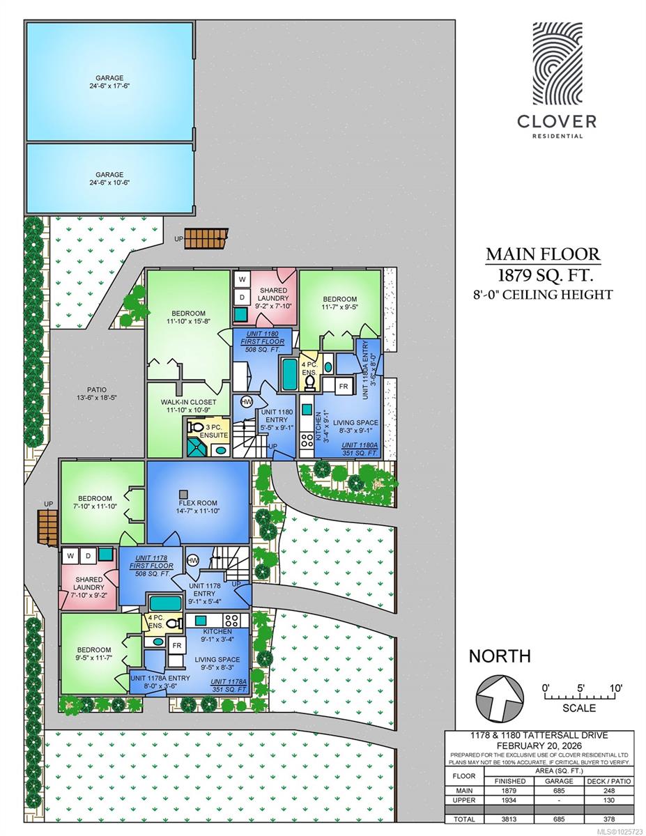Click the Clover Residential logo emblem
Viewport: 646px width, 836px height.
[x=557, y=63]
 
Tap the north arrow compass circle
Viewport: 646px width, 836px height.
[x=500, y=697]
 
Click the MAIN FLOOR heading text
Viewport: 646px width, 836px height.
[x=543, y=254]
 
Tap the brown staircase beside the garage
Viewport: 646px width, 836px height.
[x=206, y=238]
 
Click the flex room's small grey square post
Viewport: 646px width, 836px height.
[x=184, y=494]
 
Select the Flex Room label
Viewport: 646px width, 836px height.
[x=198, y=503]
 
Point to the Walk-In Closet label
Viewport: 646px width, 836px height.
[x=189, y=402]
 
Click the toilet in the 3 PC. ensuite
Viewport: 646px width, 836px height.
[x=195, y=426]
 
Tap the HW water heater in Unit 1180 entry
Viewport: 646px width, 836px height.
[x=247, y=402]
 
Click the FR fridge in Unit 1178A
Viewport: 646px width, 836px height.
[x=176, y=646]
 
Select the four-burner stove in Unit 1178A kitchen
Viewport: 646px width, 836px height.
[x=232, y=620]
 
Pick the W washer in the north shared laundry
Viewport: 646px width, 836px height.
[x=242, y=279]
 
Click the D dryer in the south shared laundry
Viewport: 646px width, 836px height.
[x=88, y=556]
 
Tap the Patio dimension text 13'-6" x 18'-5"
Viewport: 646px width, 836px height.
[x=97, y=398]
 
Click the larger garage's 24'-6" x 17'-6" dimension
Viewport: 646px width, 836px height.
[x=109, y=86]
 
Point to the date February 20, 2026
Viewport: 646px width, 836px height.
[x=539, y=746]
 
